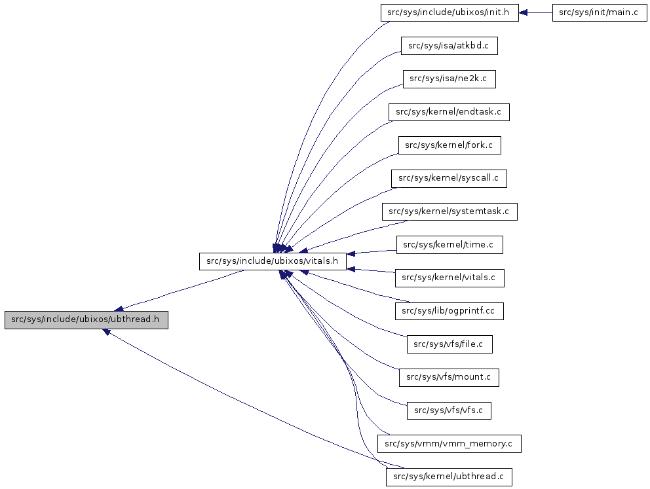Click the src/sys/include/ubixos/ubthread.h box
[86, 320]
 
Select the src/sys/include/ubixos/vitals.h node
[272, 261]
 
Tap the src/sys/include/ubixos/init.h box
[449, 12]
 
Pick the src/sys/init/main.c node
[600, 12]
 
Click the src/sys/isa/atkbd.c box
[449, 46]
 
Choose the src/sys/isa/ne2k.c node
[449, 79]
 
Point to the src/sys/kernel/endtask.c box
[449, 112]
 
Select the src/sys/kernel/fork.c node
[449, 145]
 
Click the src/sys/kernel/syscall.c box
[449, 178]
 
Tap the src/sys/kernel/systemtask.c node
[449, 211]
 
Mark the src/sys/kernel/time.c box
[449, 245]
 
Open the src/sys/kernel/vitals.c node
[449, 278]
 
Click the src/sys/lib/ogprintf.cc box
[449, 311]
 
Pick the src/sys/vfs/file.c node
[449, 344]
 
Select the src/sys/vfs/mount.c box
[449, 377]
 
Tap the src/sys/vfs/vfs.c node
[449, 410]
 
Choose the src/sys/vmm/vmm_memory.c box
[449, 444]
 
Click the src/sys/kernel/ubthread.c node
[449, 477]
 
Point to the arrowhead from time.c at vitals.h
[351, 253]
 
